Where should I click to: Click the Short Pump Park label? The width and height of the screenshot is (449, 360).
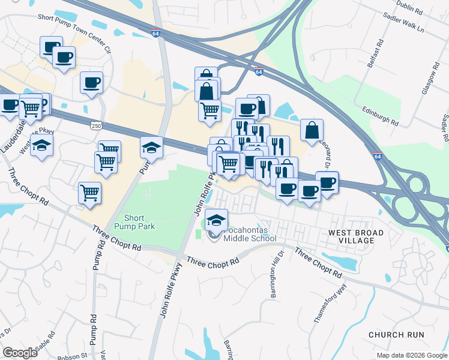pos(139,221)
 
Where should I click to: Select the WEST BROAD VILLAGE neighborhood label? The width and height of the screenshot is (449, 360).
pos(351,236)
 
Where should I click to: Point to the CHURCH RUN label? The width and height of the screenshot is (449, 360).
pos(396,335)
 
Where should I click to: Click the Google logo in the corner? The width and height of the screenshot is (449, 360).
pos(20,352)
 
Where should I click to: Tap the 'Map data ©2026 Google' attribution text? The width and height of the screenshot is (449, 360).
pos(411,355)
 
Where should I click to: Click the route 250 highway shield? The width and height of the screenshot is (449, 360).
pos(96,124)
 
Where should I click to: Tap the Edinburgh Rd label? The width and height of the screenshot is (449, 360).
pos(381,115)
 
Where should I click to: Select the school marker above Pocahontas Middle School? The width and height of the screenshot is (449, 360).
pos(216,220)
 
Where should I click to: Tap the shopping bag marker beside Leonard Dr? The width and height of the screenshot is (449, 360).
pos(312,130)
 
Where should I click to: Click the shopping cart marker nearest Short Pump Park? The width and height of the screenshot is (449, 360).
pos(89,193)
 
